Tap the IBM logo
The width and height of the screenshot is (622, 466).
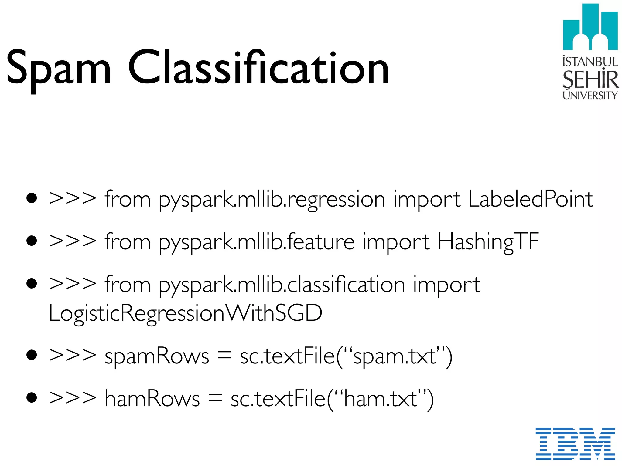[575, 443]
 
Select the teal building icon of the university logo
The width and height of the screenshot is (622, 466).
[590, 27]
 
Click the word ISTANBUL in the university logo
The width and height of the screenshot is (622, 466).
[590, 62]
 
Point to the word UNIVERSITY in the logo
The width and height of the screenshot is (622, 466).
[590, 96]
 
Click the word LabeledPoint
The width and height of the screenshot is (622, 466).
[530, 199]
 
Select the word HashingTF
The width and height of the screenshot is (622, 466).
[488, 242]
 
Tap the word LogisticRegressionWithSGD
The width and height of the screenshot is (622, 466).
[185, 313]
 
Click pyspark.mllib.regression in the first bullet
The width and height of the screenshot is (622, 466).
[272, 200]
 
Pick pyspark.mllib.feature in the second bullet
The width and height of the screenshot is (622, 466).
[257, 243]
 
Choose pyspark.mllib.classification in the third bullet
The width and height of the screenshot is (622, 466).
[282, 285]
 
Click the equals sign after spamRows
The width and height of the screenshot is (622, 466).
[224, 356]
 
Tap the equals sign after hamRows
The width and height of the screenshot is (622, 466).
[215, 399]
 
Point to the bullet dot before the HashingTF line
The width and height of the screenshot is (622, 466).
[32, 241]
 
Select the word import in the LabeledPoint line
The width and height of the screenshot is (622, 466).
[426, 200]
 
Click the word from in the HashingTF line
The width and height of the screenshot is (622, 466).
[128, 242]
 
